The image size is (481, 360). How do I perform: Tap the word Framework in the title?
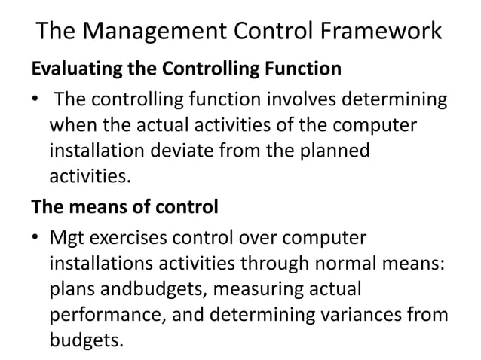[377, 32]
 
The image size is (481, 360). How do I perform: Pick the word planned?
[332, 151]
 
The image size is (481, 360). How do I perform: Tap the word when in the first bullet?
[72, 125]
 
